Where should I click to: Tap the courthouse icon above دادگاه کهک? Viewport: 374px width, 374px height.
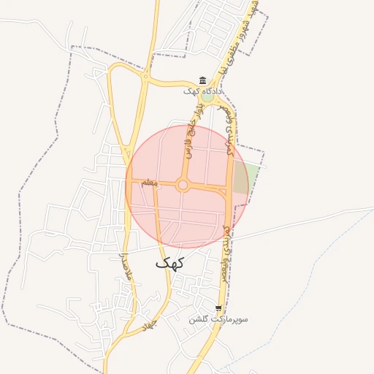tap(203, 80)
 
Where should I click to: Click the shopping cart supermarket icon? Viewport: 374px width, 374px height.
tap(218, 308)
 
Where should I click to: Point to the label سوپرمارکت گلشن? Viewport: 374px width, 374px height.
tap(218, 319)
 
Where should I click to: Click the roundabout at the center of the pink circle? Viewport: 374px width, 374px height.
tap(183, 186)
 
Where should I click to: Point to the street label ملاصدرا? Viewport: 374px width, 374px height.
tap(122, 267)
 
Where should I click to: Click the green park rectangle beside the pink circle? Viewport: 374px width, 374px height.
tap(248, 178)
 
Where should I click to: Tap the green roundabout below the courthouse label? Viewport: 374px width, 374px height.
tap(208, 96)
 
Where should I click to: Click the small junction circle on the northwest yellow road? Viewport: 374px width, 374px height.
tap(146, 77)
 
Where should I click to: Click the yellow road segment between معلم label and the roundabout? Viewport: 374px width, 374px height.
tap(167, 184)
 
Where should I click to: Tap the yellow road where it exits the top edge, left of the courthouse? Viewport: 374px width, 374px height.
tap(156, 4)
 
